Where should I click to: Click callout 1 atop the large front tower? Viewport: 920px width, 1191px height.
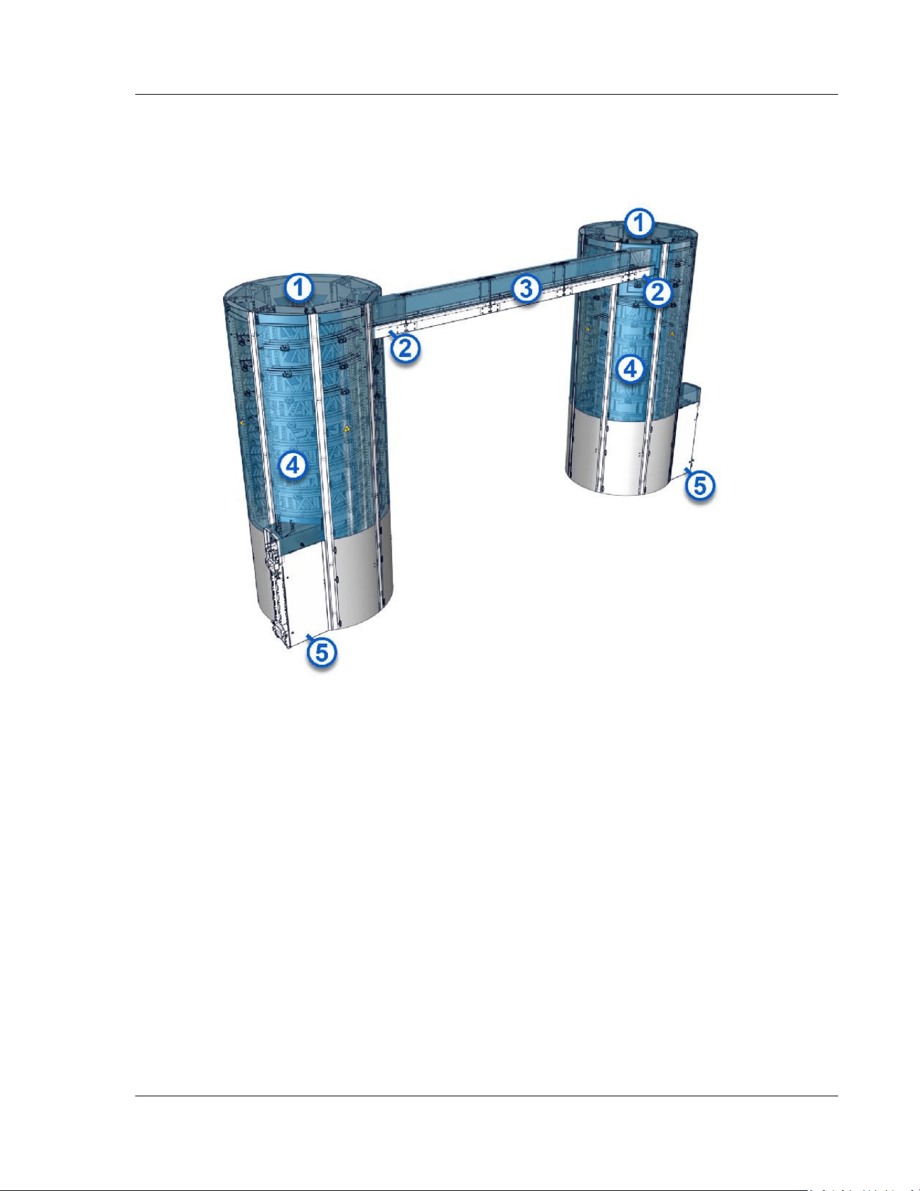(298, 289)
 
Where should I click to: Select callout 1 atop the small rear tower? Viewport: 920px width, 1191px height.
(639, 223)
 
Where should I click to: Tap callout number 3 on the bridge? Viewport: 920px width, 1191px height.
(527, 289)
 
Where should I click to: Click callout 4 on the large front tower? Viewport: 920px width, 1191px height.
(293, 465)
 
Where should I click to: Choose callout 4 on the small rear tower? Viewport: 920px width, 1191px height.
(630, 369)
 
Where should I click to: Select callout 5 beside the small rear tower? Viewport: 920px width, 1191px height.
(700, 484)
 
